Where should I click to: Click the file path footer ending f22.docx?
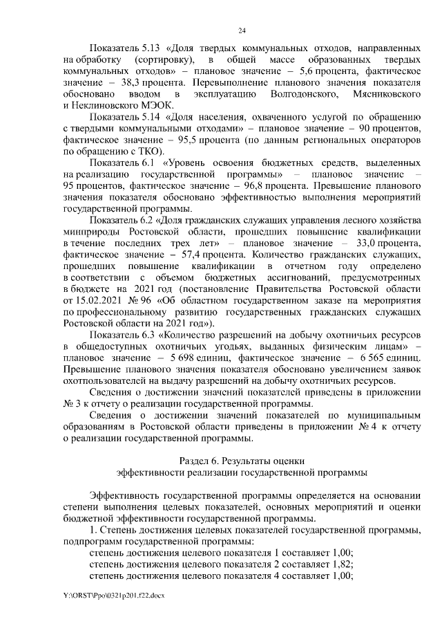click(114, 595)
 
